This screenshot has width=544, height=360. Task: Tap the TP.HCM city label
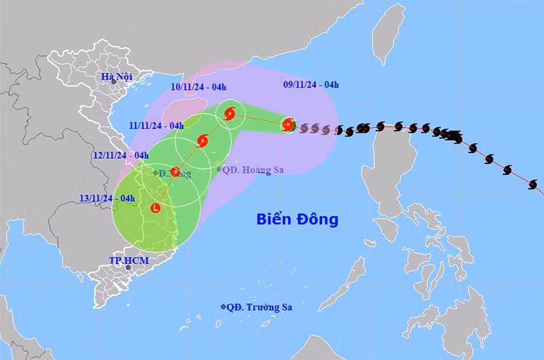point(124,260)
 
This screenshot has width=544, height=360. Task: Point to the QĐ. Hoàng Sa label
point(249,169)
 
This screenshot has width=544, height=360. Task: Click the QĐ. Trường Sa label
point(257,307)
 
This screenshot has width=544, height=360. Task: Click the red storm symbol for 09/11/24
point(289,125)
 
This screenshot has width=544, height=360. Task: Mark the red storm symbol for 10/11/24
point(230,113)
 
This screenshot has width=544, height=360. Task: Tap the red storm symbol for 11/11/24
point(202,140)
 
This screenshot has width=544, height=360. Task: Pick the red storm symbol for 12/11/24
point(175,172)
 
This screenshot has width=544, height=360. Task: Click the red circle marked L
point(155,208)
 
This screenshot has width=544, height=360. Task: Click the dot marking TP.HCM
point(129,268)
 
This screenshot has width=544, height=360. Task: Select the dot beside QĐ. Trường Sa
point(223,307)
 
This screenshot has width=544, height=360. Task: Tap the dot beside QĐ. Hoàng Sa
point(219,169)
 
